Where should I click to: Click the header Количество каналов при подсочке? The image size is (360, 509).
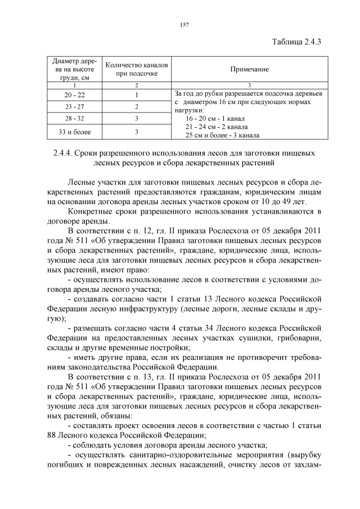click(x=136, y=69)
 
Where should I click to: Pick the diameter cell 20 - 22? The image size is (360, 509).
click(x=74, y=94)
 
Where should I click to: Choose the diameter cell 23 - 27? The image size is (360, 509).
click(x=74, y=107)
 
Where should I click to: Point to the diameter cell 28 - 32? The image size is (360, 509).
click(x=74, y=119)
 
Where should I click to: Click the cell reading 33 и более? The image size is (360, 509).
click(x=74, y=132)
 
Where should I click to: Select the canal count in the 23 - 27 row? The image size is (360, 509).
click(x=136, y=107)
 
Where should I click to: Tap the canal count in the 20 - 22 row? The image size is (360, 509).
click(x=136, y=94)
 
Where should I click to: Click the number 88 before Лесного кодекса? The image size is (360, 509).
click(x=55, y=435)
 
